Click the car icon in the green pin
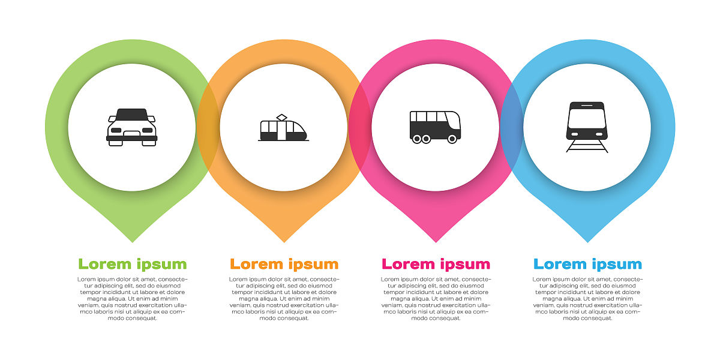(132, 127)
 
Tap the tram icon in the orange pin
(283, 128)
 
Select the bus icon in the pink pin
(435, 127)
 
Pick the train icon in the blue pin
(587, 127)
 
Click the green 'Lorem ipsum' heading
(133, 264)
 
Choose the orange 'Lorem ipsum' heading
(284, 264)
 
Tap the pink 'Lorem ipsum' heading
(436, 264)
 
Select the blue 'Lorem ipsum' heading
(587, 264)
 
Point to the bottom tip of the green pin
(133, 242)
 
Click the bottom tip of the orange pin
(284, 242)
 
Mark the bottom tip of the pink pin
(436, 242)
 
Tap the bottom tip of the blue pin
(587, 242)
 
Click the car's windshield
(132, 115)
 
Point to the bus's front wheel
(452, 139)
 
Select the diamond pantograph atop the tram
(281, 118)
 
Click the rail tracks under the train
(587, 146)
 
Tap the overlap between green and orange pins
(208, 128)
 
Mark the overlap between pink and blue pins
(512, 128)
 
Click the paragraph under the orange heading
(284, 299)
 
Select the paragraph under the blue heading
(587, 299)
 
